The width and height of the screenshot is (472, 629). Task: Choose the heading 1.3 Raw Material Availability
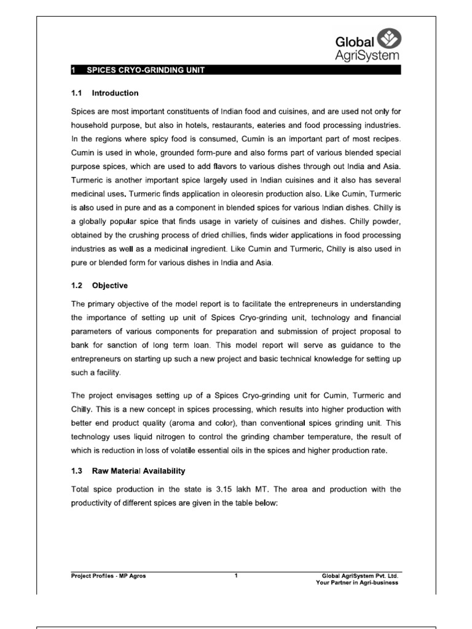(x=125, y=471)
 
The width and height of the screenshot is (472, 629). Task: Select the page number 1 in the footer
(x=236, y=576)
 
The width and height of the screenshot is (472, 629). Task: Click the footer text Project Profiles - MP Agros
(x=109, y=576)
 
